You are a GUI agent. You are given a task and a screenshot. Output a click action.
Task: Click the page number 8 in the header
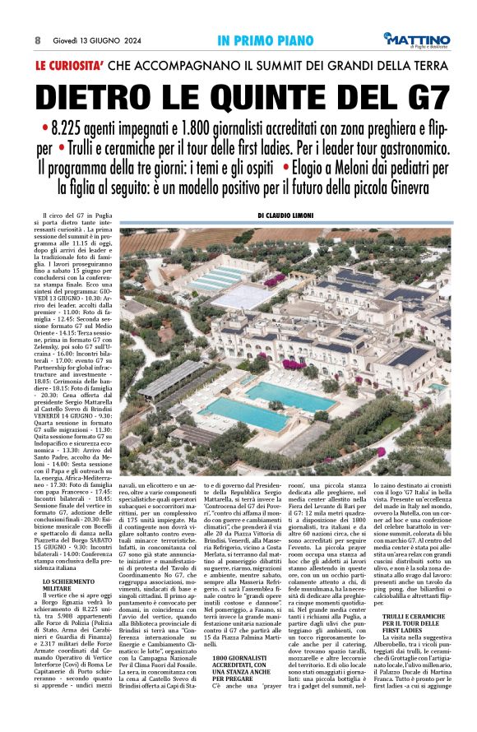pos(38,39)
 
